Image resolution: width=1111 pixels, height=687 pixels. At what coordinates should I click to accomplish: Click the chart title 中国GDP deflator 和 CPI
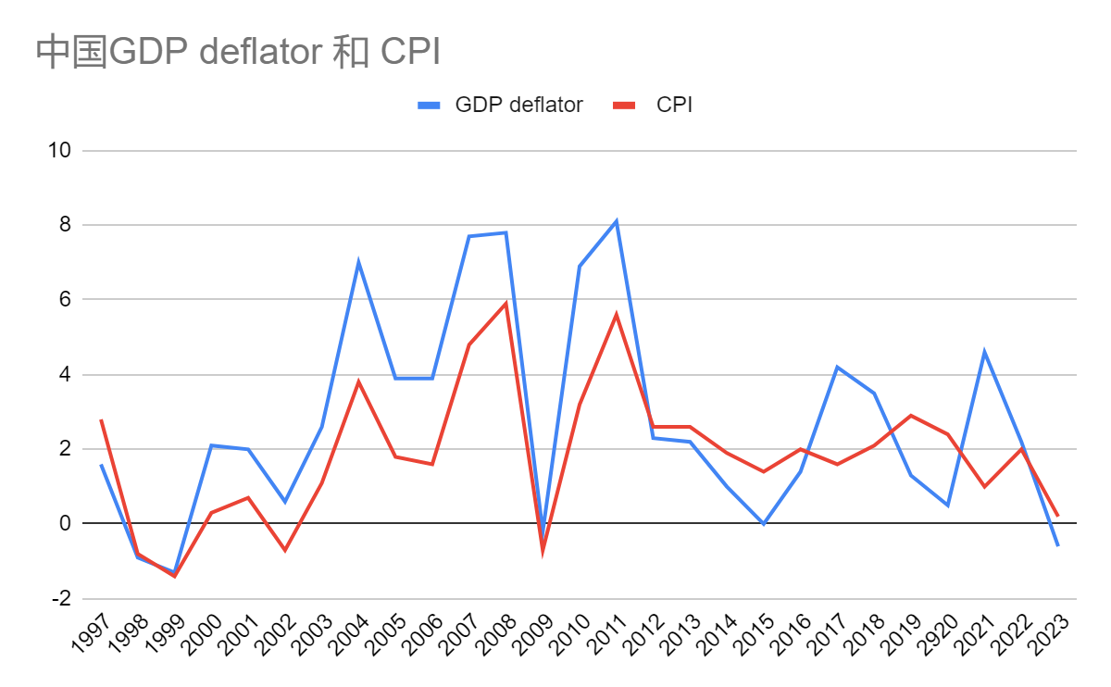coord(237,53)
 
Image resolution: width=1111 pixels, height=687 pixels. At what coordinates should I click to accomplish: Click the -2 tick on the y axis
coord(62,599)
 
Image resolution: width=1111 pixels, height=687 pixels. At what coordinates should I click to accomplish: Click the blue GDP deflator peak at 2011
coord(617,221)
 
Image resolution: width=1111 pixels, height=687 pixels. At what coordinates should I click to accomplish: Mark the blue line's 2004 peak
coord(358,262)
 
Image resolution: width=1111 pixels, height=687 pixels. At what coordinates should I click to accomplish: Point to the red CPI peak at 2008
coord(506,303)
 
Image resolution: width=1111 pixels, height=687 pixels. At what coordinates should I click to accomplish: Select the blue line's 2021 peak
coord(984,352)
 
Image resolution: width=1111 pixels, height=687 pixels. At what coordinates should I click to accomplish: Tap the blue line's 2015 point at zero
coord(764,524)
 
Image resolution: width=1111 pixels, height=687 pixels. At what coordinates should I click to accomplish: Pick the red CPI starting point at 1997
coord(101,419)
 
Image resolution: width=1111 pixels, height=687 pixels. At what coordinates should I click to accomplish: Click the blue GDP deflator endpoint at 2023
coord(1057,546)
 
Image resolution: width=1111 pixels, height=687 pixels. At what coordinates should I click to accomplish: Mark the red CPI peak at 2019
coord(911,415)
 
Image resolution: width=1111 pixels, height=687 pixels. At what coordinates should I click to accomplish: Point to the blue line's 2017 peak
coord(837,367)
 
